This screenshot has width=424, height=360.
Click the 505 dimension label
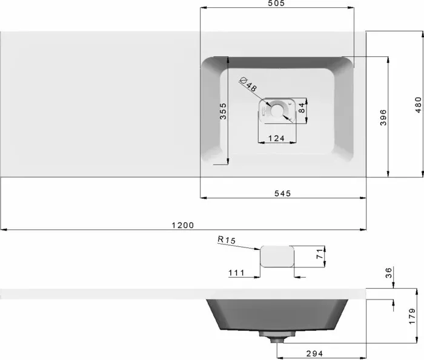click(277, 3)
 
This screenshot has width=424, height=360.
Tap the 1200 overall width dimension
click(183, 225)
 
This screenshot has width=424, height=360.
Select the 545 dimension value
click(283, 194)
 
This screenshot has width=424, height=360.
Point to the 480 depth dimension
click(418, 105)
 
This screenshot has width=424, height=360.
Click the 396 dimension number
click(383, 117)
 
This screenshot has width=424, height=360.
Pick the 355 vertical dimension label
click(223, 111)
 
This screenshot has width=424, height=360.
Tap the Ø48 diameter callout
click(248, 84)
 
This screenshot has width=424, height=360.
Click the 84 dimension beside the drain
click(302, 108)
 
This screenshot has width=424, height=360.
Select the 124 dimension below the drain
click(276, 139)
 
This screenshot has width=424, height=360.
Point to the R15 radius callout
click(227, 240)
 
